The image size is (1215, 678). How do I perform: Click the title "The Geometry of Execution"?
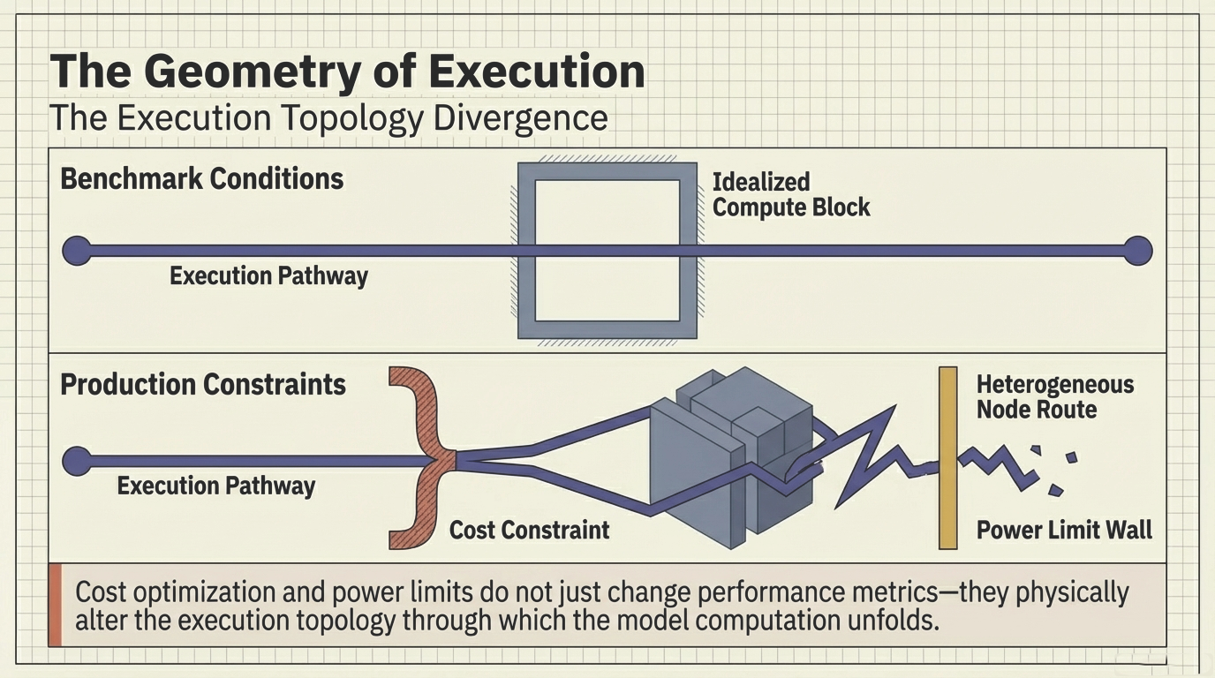(x=347, y=71)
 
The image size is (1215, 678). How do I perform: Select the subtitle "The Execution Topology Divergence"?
(x=328, y=117)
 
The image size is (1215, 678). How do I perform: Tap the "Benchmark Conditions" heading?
(x=201, y=179)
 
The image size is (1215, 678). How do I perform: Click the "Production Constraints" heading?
(x=203, y=385)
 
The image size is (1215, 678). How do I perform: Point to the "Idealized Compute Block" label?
(x=790, y=195)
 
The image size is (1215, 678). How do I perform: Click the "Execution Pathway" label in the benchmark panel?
(x=268, y=275)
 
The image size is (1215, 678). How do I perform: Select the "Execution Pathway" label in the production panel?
(x=216, y=486)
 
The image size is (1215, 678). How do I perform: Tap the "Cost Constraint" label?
(x=529, y=530)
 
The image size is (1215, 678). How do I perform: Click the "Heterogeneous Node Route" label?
(x=1054, y=397)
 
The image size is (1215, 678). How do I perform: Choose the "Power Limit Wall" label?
(x=1064, y=530)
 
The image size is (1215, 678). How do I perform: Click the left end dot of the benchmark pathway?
(x=76, y=251)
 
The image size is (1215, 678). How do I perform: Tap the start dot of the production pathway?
(x=76, y=460)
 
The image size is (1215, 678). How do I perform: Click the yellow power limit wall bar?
(x=947, y=457)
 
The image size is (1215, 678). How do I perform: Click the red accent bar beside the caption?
(x=56, y=605)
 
